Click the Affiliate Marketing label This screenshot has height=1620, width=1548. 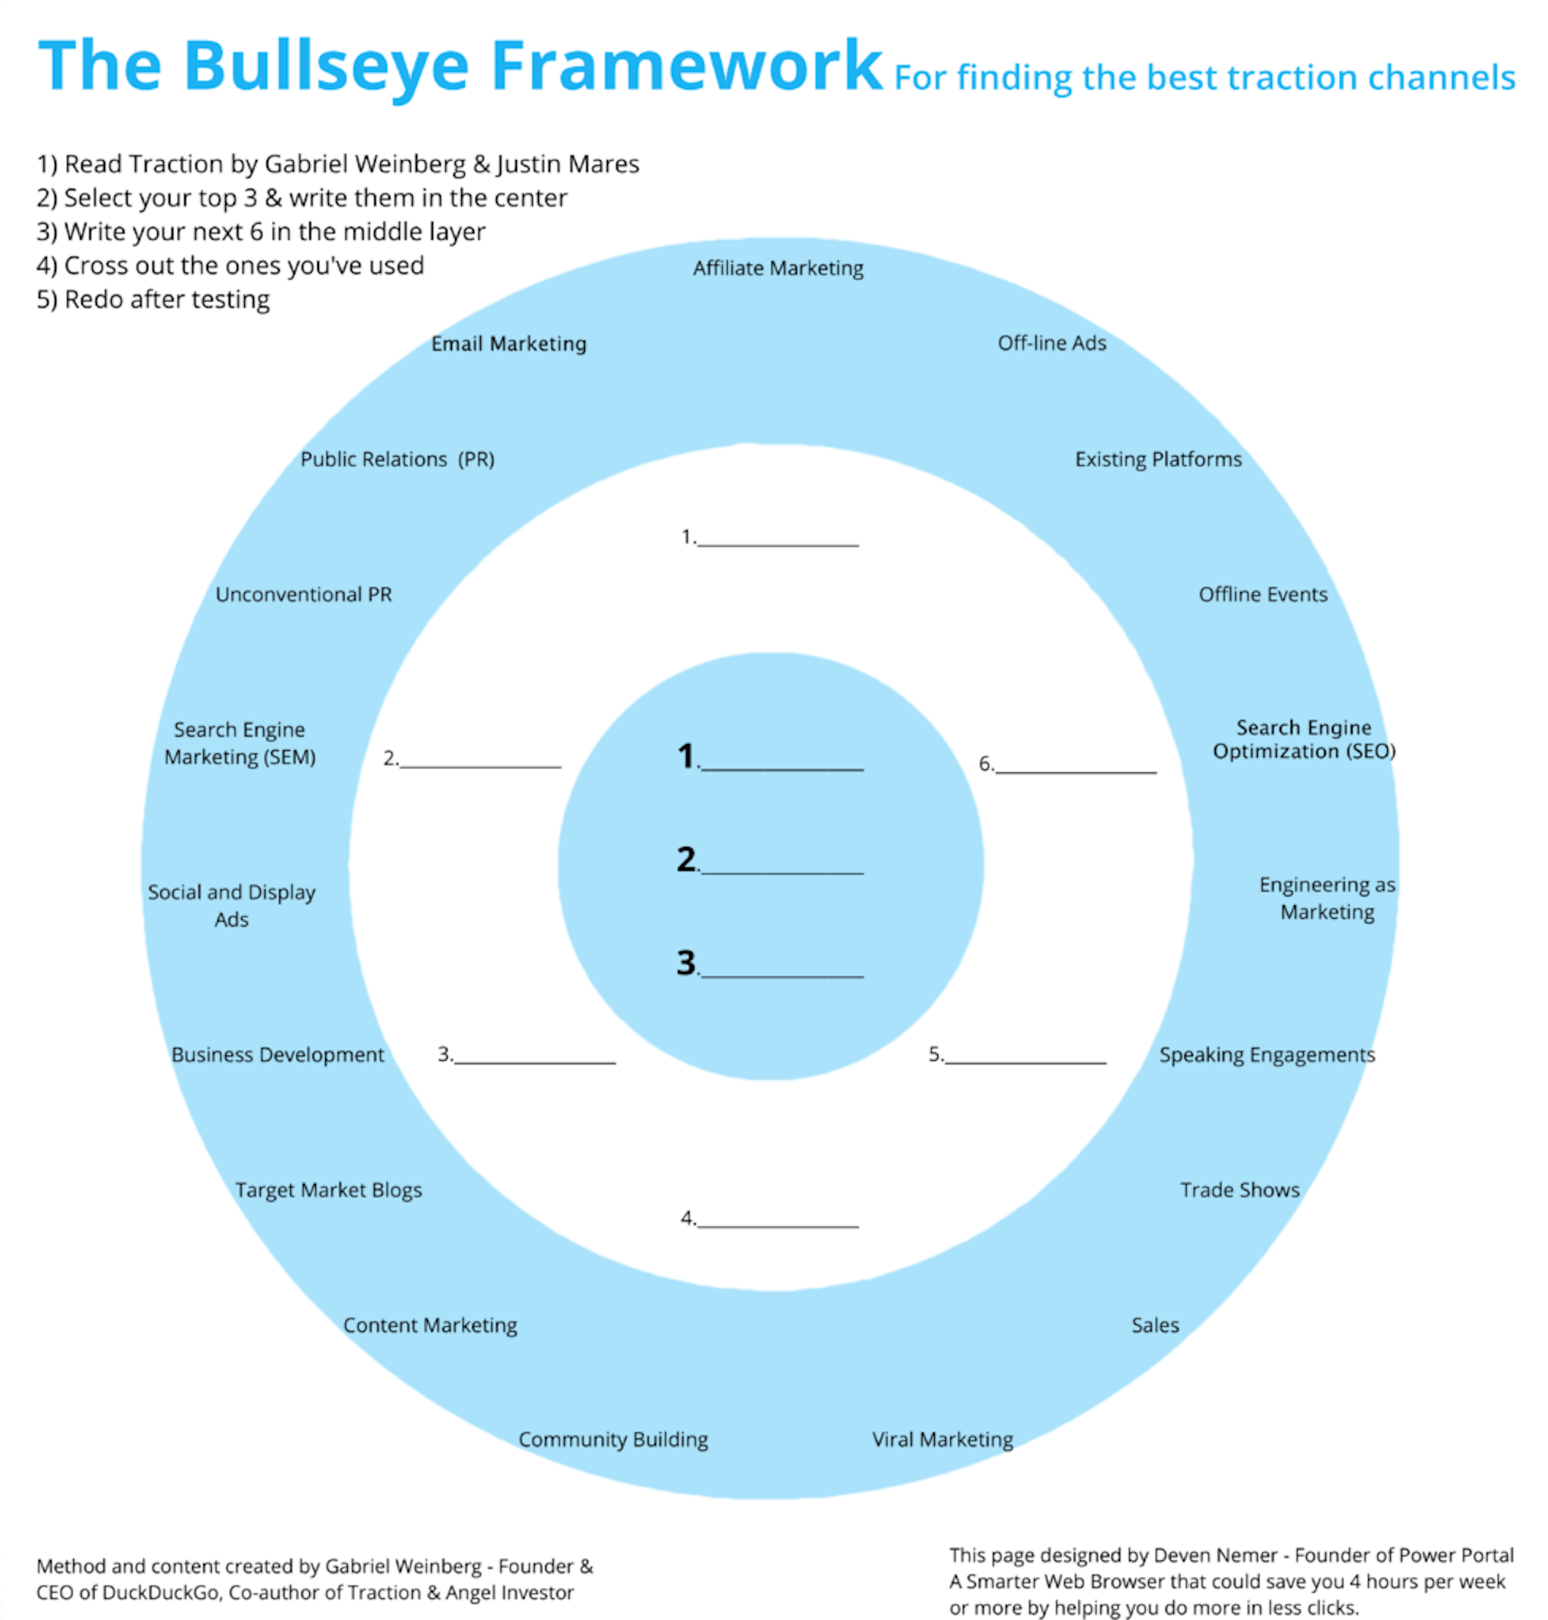(777, 268)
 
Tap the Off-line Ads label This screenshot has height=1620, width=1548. (1051, 343)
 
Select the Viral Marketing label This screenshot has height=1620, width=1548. (943, 1439)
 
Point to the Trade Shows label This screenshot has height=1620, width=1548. (1239, 1189)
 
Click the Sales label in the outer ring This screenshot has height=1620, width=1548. (1154, 1325)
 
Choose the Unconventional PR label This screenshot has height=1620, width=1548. (304, 594)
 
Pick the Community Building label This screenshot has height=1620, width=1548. (612, 1439)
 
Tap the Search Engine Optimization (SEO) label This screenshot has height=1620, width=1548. (1304, 739)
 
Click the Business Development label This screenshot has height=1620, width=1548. (277, 1054)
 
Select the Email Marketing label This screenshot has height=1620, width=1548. (508, 343)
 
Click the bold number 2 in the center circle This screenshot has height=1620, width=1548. (686, 859)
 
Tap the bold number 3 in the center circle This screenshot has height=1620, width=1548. (686, 963)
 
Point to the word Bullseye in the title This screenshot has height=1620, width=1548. (326, 66)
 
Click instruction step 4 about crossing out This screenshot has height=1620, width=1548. (231, 266)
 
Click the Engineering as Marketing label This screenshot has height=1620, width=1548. (1326, 898)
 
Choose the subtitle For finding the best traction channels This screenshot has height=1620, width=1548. (1204, 79)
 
